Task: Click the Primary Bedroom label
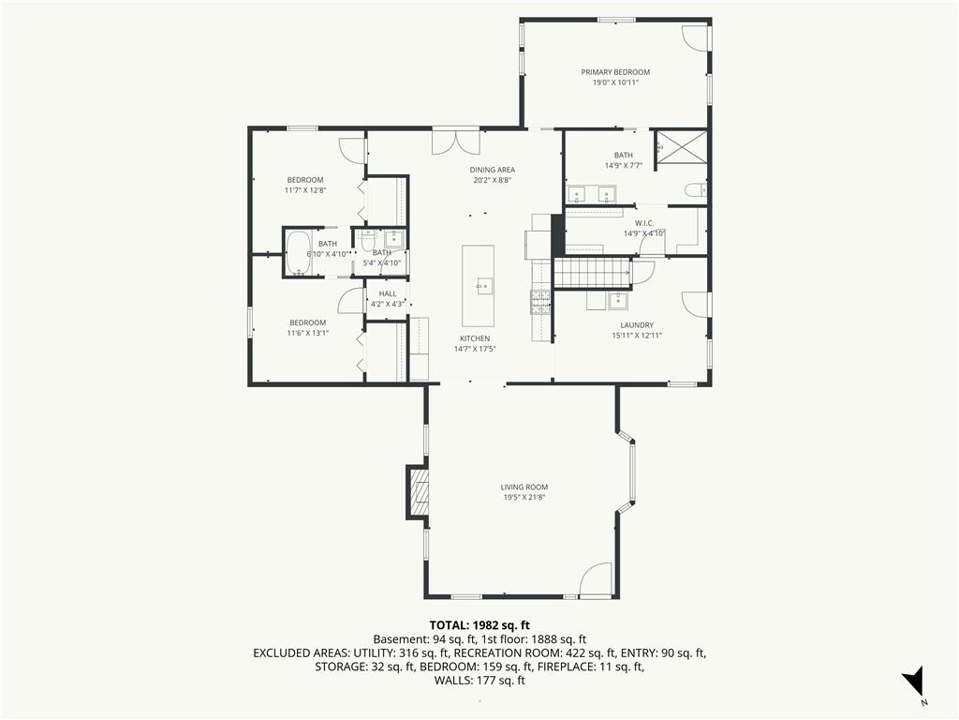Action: click(x=615, y=72)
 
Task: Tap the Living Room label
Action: click(x=524, y=487)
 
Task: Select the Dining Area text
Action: click(x=493, y=171)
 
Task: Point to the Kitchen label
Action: click(x=475, y=338)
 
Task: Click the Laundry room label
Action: click(x=637, y=325)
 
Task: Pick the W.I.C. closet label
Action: click(x=644, y=223)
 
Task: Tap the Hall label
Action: click(x=388, y=293)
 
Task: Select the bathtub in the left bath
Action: click(x=299, y=253)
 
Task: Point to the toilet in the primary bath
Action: click(x=697, y=191)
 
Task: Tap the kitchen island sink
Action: click(x=485, y=286)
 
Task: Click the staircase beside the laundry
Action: click(x=592, y=273)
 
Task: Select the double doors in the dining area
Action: click(x=456, y=142)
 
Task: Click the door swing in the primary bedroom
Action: click(x=695, y=38)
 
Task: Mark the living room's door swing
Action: click(x=595, y=578)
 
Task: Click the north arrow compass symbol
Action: click(x=913, y=682)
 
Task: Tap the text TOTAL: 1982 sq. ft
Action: click(x=479, y=625)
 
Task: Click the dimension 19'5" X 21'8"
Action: click(x=524, y=498)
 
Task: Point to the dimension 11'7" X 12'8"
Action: click(x=305, y=190)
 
